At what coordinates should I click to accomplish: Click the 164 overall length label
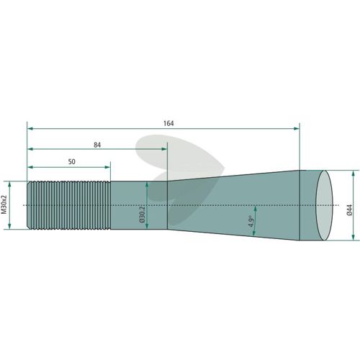pos(168,123)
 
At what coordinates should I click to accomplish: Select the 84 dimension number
pos(97,145)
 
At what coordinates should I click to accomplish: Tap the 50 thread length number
pos(71,162)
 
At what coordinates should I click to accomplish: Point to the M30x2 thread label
pos(4,204)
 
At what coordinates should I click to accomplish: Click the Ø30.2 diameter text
pos(142,214)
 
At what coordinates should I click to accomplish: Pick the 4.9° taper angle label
pos(251,221)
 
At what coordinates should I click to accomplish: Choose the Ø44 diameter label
pos(349,210)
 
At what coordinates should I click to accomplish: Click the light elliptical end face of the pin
pos(324,205)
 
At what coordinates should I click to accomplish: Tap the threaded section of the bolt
pos(69,205)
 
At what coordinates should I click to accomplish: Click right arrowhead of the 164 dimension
pos(297,129)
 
